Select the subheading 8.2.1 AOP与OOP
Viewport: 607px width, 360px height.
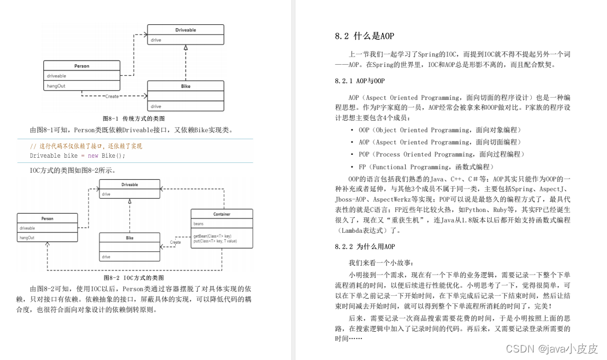coord(360,81)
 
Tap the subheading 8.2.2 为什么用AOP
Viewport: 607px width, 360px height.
coord(365,247)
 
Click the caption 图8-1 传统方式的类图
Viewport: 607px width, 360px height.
coord(134,118)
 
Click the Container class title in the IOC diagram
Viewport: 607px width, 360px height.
coord(221,214)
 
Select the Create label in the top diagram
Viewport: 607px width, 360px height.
coord(112,96)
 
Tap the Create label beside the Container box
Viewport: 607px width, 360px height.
coord(175,242)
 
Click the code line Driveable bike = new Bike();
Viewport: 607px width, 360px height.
coord(77,155)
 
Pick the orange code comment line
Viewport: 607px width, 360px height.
coord(86,146)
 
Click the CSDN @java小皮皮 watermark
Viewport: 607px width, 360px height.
coord(552,348)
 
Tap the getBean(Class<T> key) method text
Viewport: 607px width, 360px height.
coord(213,236)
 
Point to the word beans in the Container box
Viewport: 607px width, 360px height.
coord(198,222)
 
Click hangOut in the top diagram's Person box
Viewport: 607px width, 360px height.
coord(56,86)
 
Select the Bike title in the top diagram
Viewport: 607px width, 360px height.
coord(186,86)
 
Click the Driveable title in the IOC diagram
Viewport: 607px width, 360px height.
coord(129,184)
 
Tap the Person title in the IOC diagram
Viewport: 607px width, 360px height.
coord(47,219)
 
